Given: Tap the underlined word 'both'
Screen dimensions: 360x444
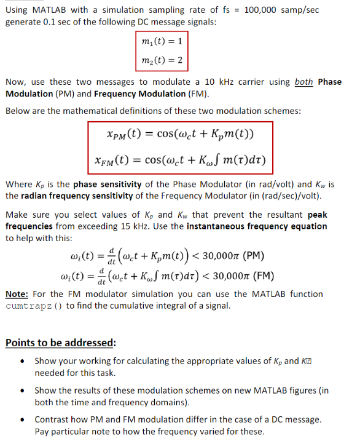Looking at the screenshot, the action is click(x=303, y=82).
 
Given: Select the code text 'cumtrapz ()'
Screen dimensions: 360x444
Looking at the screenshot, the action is click(x=32, y=306).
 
